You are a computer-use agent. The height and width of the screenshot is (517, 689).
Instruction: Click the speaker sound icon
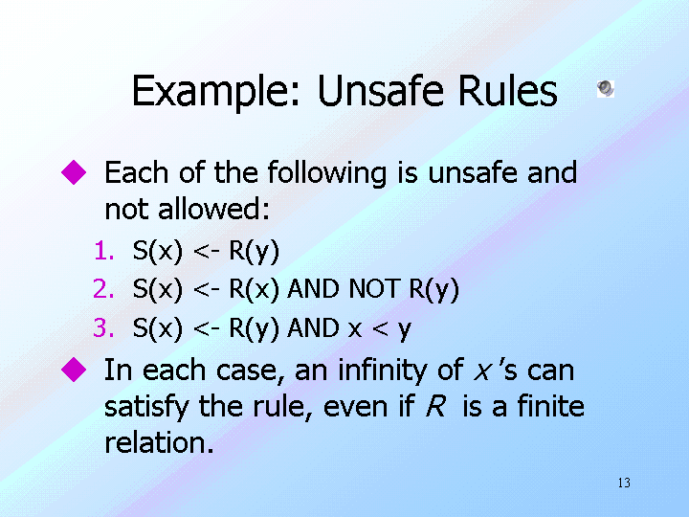tap(606, 89)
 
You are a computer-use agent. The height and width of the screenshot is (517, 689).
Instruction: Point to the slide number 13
tap(624, 483)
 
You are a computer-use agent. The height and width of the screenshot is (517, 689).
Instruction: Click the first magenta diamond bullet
tap(74, 172)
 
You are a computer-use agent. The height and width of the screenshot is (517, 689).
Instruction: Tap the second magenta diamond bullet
tap(74, 370)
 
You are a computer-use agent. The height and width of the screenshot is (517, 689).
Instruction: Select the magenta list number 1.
tap(104, 251)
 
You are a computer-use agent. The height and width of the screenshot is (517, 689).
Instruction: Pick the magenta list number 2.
tap(103, 289)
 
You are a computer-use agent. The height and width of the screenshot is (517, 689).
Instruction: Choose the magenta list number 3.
tap(103, 327)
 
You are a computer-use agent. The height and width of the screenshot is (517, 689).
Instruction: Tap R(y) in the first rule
tap(254, 252)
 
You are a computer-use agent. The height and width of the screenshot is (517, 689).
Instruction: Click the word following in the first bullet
tap(327, 172)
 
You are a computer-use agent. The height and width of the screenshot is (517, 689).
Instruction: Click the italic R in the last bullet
tap(435, 406)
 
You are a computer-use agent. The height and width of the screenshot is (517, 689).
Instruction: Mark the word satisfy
tap(146, 407)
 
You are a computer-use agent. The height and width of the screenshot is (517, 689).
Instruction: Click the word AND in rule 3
tap(313, 327)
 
